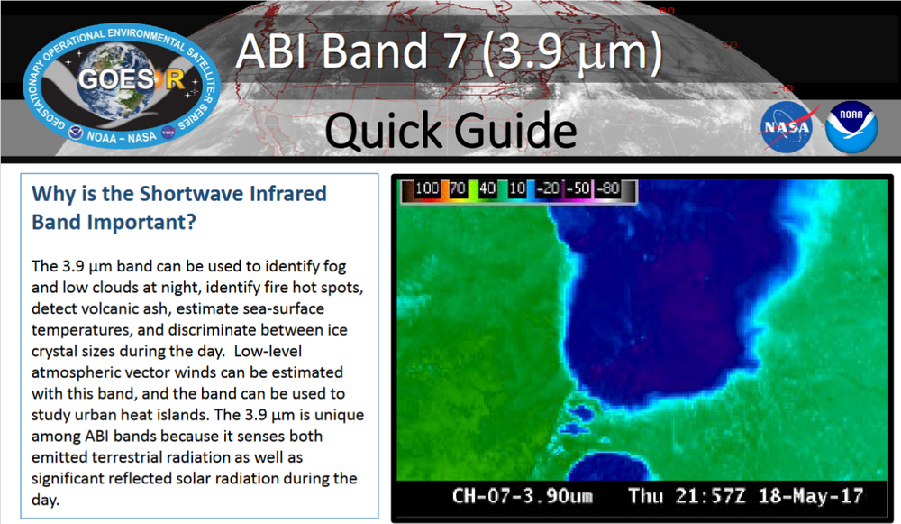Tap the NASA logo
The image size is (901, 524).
(x=789, y=126)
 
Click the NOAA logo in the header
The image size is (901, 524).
(x=851, y=126)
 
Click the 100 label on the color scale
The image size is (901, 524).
(x=427, y=189)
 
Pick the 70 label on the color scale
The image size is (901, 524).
(x=458, y=189)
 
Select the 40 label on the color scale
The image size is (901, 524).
(x=488, y=189)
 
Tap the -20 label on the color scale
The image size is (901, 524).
(x=549, y=189)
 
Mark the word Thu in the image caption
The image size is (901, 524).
(x=647, y=496)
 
